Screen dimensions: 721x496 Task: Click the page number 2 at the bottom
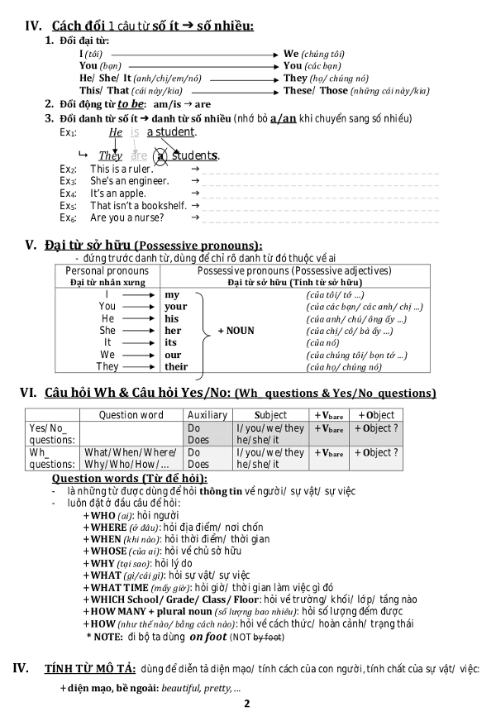tap(246, 704)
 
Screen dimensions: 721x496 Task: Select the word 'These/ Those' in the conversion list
tap(316, 90)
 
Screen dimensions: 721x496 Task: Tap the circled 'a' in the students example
tap(162, 155)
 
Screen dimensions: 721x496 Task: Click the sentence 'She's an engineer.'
tap(130, 181)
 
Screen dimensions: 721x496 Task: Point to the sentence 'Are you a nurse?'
tap(127, 217)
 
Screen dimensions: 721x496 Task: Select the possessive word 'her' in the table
tap(172, 331)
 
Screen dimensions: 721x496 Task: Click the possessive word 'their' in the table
tap(176, 367)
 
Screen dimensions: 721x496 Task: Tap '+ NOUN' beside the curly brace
tap(236, 331)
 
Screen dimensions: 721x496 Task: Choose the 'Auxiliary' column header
tap(207, 415)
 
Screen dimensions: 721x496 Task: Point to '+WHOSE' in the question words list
tap(105, 551)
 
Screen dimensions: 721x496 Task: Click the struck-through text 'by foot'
tap(269, 637)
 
